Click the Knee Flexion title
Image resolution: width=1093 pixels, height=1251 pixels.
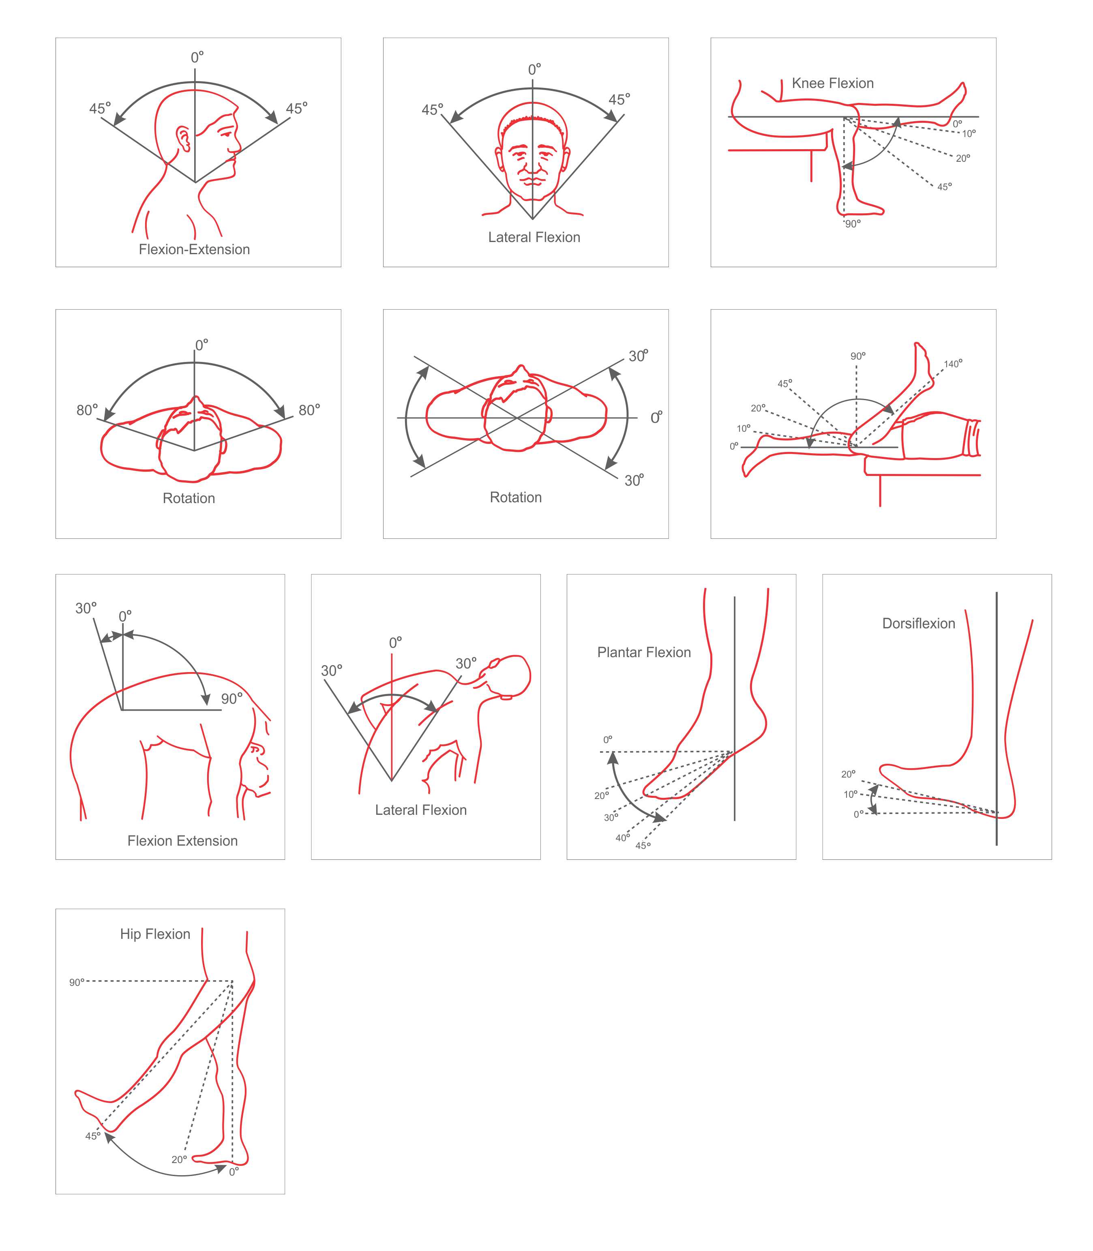click(833, 83)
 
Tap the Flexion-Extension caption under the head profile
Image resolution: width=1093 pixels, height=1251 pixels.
click(194, 249)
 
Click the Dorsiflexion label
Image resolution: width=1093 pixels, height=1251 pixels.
click(919, 623)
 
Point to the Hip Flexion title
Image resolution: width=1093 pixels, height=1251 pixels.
click(155, 934)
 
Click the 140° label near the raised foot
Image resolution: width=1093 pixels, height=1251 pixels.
click(953, 364)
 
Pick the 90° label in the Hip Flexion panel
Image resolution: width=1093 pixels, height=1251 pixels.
click(77, 983)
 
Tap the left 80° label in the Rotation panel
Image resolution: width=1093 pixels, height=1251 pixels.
click(87, 410)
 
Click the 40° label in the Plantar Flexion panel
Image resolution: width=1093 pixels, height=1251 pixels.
click(623, 838)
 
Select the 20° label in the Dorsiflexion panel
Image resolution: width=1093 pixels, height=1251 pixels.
click(849, 774)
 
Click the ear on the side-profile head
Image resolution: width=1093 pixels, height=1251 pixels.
click(183, 139)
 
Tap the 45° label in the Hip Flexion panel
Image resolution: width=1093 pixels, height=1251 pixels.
click(93, 1136)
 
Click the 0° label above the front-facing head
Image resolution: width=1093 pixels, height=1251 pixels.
click(535, 70)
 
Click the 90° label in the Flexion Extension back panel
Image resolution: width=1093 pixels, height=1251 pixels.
click(232, 698)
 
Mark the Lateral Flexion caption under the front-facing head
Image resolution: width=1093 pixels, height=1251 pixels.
click(534, 237)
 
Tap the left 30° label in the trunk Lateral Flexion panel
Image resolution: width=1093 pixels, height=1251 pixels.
click(332, 671)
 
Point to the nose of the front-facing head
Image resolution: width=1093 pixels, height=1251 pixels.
click(532, 164)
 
